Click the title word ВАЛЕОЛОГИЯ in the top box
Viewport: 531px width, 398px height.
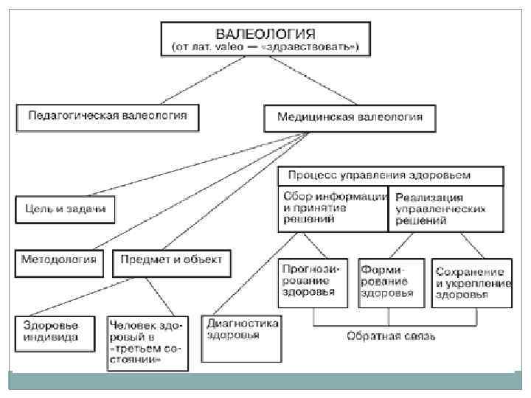(x=265, y=33)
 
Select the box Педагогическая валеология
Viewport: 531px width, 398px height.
(x=108, y=116)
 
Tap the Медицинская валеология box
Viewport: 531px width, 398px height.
(x=349, y=116)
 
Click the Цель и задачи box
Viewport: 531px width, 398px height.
(x=66, y=209)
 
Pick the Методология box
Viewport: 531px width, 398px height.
(x=59, y=261)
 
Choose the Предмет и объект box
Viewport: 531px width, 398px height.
(x=172, y=261)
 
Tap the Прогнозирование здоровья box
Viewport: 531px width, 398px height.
(x=309, y=282)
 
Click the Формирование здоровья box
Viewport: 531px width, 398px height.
(x=391, y=282)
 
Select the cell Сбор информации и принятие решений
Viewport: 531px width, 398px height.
(x=333, y=209)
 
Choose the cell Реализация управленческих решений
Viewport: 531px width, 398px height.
(x=445, y=209)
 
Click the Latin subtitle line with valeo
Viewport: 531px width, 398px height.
(x=265, y=47)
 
